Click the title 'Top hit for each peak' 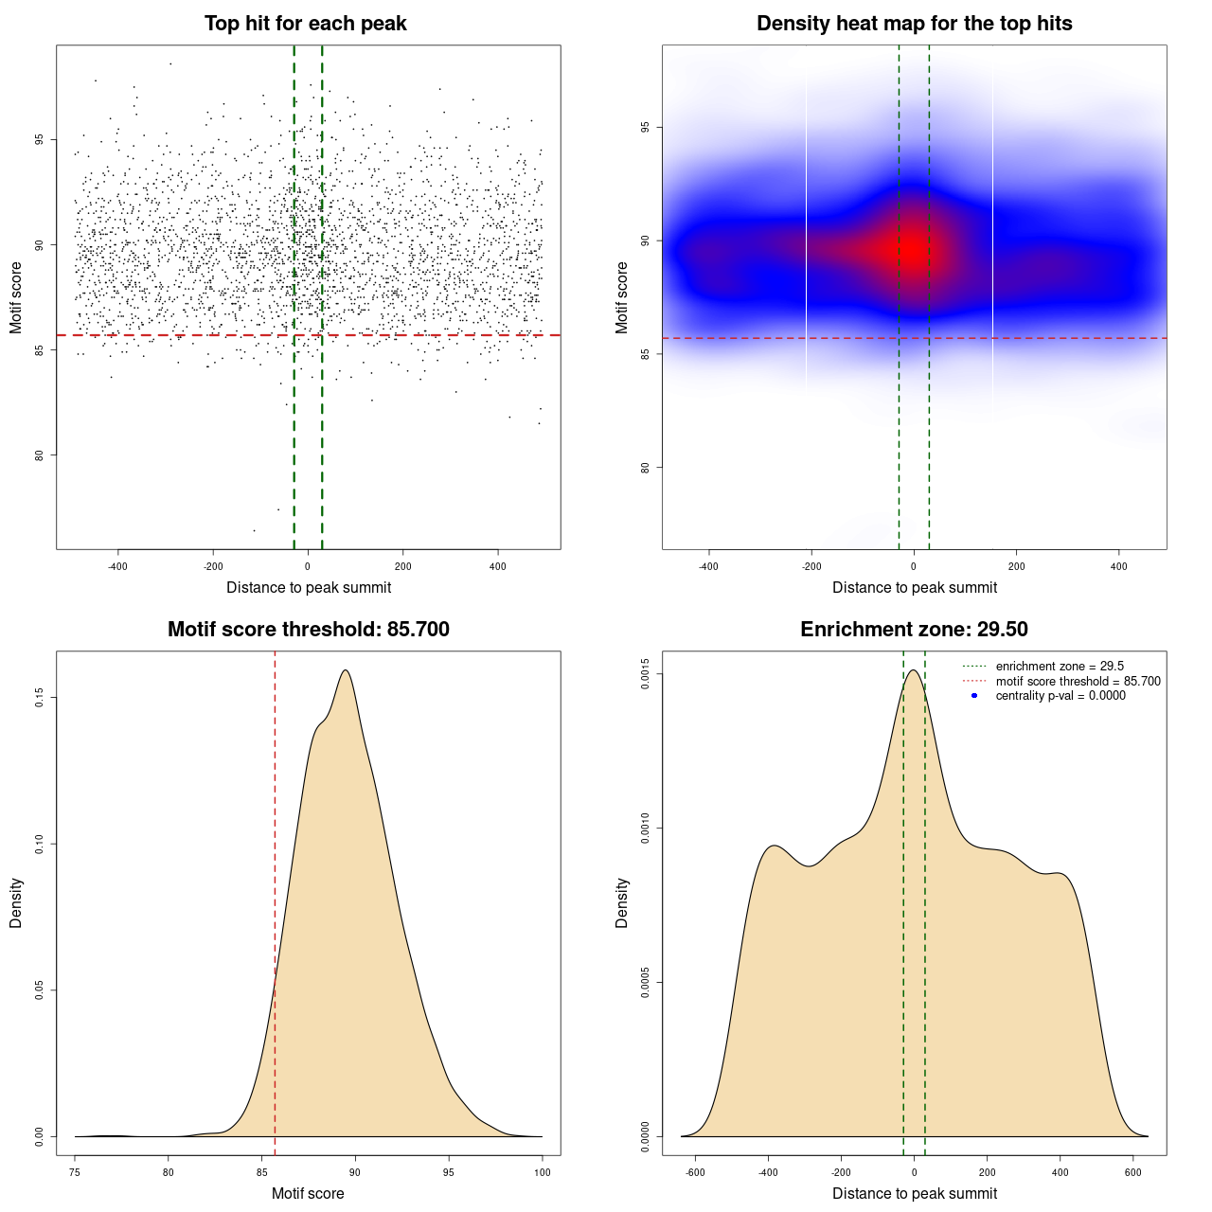[x=305, y=24]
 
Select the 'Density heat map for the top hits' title [x=914, y=24]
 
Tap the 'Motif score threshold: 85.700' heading [x=308, y=630]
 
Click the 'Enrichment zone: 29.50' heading [x=914, y=630]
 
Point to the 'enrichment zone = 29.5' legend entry [x=1060, y=667]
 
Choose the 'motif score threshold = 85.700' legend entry [x=1078, y=682]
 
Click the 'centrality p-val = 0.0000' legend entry [x=1060, y=696]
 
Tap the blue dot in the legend [x=974, y=696]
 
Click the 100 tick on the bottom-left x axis [x=542, y=1172]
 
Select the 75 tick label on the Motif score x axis [x=76, y=1172]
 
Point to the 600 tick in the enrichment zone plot [x=1132, y=1172]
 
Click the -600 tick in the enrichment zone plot [x=696, y=1172]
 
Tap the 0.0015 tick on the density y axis [x=646, y=674]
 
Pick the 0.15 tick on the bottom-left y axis [x=40, y=698]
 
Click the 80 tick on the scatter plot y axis [x=40, y=455]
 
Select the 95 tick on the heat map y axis [x=646, y=128]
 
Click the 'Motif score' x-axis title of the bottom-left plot [x=308, y=1193]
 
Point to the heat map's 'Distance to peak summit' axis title [x=914, y=587]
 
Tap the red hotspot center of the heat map [x=912, y=250]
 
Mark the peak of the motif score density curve [x=346, y=670]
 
